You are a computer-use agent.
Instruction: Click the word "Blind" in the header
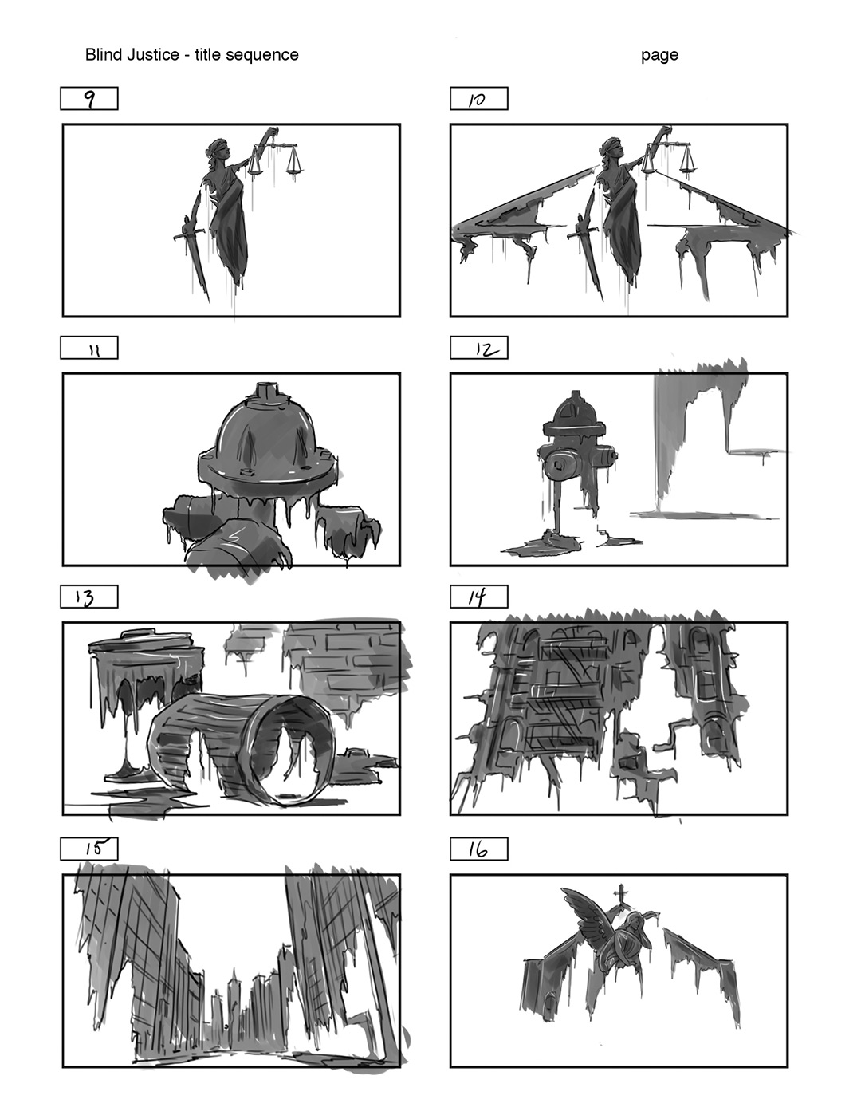tap(104, 54)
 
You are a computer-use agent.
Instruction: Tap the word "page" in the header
tap(659, 55)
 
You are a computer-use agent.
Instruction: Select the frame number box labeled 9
tap(89, 99)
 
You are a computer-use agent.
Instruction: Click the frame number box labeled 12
tap(479, 348)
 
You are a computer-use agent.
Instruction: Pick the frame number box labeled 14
tap(479, 597)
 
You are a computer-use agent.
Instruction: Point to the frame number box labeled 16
tap(479, 849)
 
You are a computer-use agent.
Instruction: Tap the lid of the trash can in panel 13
tap(141, 641)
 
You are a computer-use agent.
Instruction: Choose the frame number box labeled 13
tap(89, 597)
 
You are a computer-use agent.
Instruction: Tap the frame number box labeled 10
tap(479, 99)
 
